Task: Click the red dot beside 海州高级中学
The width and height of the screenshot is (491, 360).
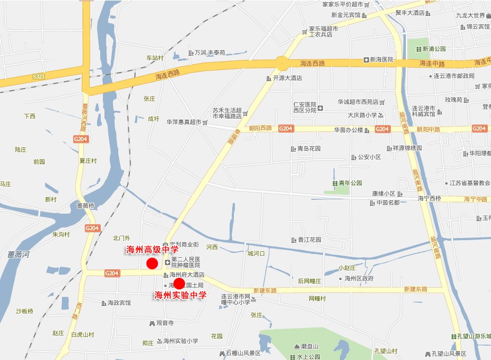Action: (152, 264)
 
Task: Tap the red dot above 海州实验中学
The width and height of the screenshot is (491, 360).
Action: (179, 283)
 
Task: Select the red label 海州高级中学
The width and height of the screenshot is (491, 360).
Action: (152, 249)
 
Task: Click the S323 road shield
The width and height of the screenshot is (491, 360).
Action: (38, 77)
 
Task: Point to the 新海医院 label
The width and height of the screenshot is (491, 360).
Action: (381, 59)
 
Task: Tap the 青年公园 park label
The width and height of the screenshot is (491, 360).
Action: (350, 183)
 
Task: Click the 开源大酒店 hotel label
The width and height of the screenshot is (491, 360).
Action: (287, 78)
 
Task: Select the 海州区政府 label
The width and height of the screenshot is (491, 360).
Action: (359, 278)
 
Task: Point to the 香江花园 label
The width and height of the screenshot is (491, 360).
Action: (309, 240)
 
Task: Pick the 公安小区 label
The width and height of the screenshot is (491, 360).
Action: (369, 157)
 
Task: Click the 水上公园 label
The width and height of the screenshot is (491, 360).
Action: (308, 356)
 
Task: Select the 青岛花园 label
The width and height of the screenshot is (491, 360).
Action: (309, 149)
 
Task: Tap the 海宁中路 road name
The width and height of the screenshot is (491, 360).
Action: (475, 199)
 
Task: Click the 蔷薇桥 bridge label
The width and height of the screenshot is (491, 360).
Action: (85, 206)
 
